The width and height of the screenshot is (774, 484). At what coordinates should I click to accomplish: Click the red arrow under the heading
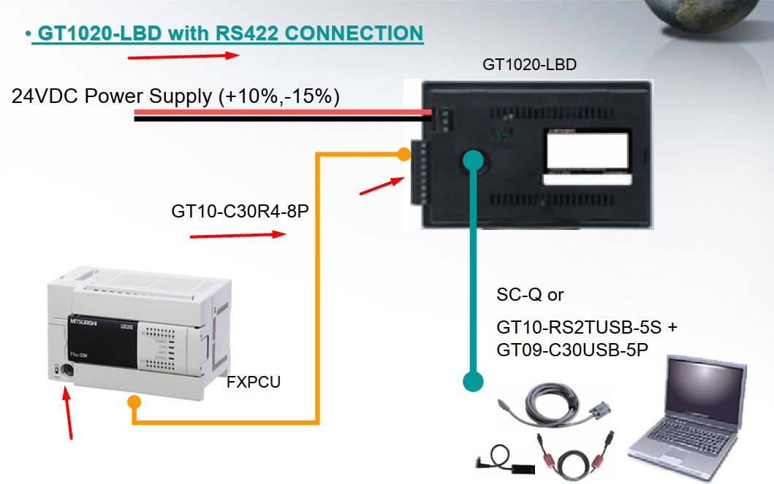[183, 55]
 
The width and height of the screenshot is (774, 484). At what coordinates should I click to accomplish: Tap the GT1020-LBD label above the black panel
[529, 64]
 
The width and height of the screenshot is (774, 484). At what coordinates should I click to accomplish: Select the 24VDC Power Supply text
[175, 96]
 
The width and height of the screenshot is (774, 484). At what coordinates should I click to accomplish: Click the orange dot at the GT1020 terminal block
[403, 154]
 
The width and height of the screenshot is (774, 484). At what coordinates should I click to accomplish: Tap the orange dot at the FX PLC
[134, 402]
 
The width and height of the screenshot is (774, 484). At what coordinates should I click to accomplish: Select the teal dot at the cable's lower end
[473, 380]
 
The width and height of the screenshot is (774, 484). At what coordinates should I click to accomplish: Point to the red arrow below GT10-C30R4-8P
[237, 235]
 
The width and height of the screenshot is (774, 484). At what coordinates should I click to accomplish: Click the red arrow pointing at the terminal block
[382, 186]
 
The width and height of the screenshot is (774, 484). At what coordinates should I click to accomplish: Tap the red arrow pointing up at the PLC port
[69, 416]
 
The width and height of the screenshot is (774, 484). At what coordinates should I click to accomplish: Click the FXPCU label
[253, 382]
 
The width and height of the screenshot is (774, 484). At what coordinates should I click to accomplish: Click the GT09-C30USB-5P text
[572, 350]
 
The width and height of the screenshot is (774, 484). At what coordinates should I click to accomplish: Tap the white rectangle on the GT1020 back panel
[587, 153]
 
